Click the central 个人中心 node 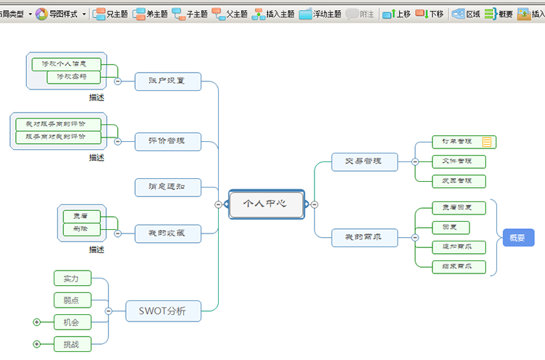pos(266,204)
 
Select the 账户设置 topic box pos(168,81)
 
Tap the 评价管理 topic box pos(168,141)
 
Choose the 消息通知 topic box pos(168,187)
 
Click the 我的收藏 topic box pos(168,233)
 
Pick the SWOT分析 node pos(163,311)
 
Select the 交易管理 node pos(364,161)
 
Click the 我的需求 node pos(364,237)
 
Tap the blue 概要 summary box pos(518,238)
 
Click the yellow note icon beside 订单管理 pos(487,142)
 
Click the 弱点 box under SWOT pos(72,300)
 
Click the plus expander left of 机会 pos(37,322)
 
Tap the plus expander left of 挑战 pos(37,344)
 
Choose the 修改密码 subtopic pos(73,76)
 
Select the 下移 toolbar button pos(429,14)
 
